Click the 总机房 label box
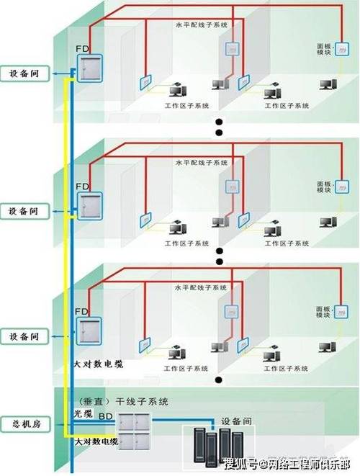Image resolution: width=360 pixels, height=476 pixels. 25,424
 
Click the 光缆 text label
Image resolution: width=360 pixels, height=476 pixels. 84,416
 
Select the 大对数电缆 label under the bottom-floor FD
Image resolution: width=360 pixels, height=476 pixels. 99,365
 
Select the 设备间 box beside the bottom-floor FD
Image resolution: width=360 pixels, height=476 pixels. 25,336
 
